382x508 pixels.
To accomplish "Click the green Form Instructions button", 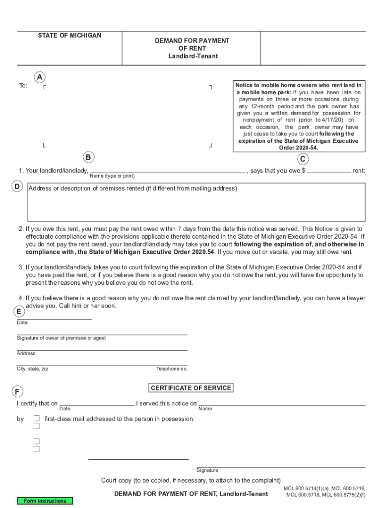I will [45, 501].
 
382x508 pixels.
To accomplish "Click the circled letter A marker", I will [40, 77].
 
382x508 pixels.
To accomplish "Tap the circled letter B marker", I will [88, 157].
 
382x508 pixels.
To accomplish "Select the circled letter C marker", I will [303, 159].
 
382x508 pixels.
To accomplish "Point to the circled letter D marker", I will [17, 187].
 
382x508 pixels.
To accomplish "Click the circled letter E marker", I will [18, 312].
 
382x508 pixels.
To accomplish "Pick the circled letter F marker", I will [17, 392].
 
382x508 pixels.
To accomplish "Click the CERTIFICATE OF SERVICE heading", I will [191, 387].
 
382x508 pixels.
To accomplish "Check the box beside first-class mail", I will [37, 418].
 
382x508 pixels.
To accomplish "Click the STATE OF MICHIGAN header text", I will [69, 36].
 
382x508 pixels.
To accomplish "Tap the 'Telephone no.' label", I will [172, 369].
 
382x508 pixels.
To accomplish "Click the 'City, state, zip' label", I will [33, 369].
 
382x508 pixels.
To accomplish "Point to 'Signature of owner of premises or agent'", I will [61, 338].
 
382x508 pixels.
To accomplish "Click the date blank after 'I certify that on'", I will [97, 403].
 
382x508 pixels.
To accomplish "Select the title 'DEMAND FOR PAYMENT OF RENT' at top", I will [192, 45].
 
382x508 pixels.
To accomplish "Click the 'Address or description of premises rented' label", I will [133, 189].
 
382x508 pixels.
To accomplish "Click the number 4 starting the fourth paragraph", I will [21, 298].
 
